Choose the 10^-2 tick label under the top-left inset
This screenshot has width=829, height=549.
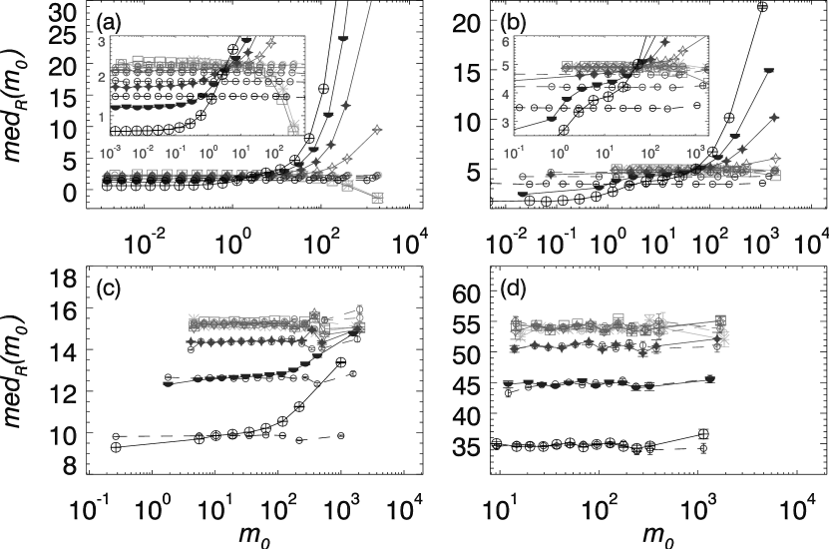click(x=143, y=154)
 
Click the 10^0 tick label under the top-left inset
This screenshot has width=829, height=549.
click(x=208, y=154)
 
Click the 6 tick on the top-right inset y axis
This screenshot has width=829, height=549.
click(x=506, y=42)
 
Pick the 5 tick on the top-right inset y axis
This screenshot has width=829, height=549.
click(x=506, y=68)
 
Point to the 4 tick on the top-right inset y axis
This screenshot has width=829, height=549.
click(x=506, y=95)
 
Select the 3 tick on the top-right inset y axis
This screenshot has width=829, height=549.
click(x=506, y=123)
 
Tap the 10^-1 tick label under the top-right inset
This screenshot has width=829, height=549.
click(x=515, y=154)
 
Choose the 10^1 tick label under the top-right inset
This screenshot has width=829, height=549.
click(x=605, y=154)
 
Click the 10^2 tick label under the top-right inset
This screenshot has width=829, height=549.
click(x=650, y=154)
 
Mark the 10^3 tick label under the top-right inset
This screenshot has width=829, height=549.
click(x=696, y=154)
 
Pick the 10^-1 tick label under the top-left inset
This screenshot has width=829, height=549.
click(x=176, y=154)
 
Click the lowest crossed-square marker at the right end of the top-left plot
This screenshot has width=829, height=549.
click(x=377, y=198)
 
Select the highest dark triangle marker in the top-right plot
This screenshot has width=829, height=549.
click(x=769, y=71)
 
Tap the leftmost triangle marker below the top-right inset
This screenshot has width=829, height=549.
click(x=522, y=195)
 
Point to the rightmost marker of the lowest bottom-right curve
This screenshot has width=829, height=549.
click(x=709, y=379)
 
